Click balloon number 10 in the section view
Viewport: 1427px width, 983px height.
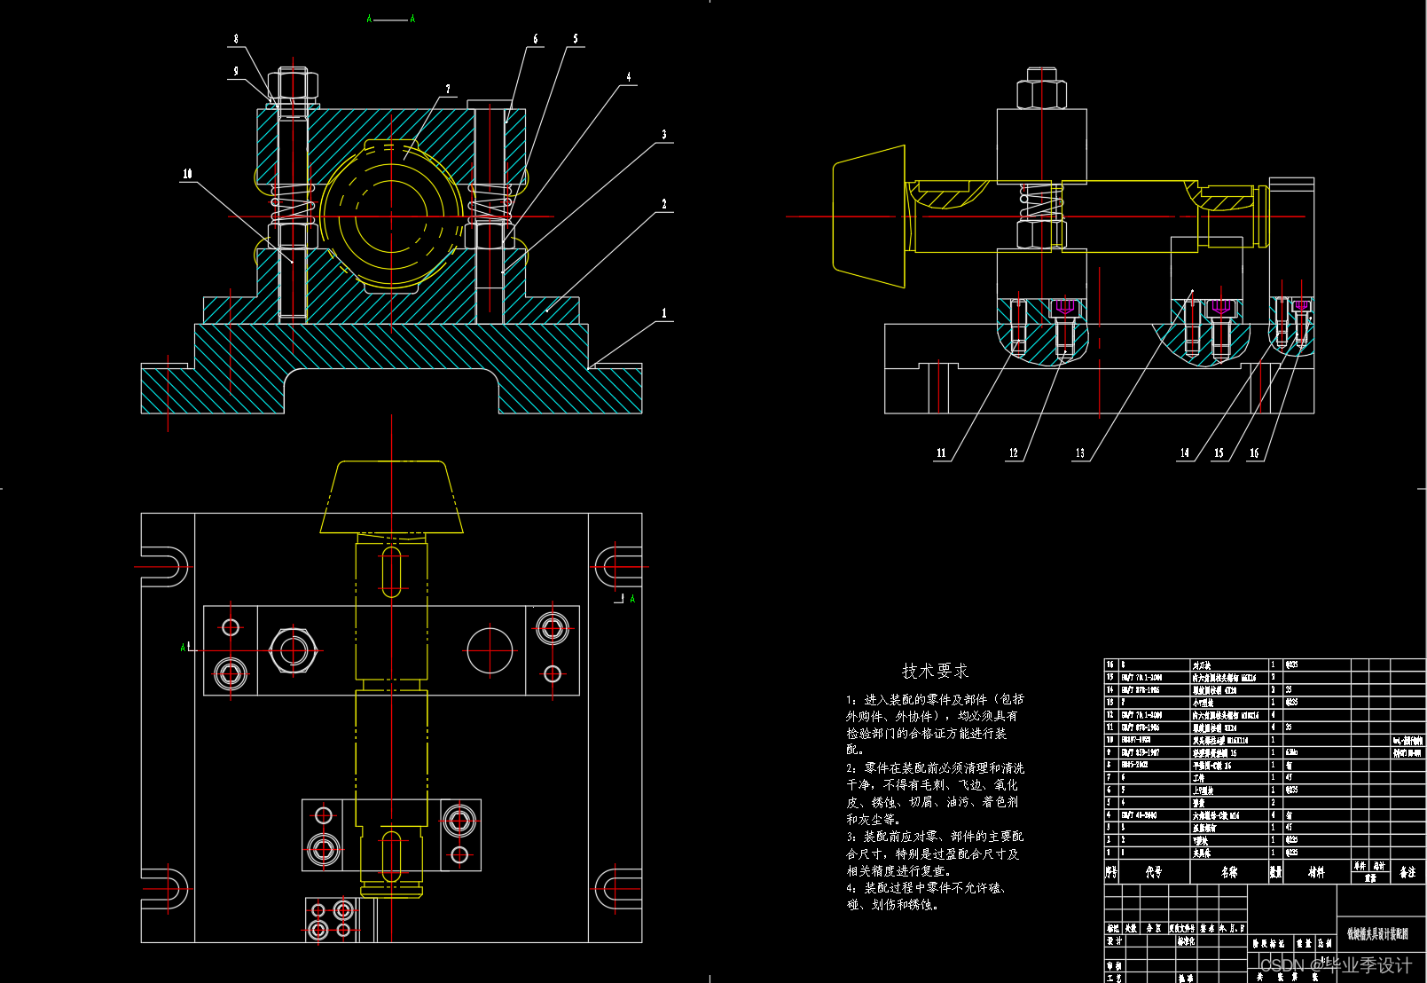pyautogui.click(x=187, y=174)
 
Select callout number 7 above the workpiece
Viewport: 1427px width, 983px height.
pyautogui.click(x=448, y=89)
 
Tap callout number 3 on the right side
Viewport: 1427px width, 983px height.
pyautogui.click(x=663, y=135)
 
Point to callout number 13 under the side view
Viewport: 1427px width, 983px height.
pyautogui.click(x=1079, y=453)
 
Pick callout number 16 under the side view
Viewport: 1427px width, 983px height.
pyautogui.click(x=1254, y=453)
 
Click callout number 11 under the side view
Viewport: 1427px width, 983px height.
pyautogui.click(x=941, y=453)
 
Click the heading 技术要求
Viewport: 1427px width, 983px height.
pyautogui.click(x=935, y=671)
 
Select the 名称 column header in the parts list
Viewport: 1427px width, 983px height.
pyautogui.click(x=1228, y=872)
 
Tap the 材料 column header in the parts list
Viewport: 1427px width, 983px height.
pyautogui.click(x=1316, y=872)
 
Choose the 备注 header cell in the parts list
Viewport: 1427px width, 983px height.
pyautogui.click(x=1407, y=872)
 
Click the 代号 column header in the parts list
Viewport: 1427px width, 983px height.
pyautogui.click(x=1153, y=872)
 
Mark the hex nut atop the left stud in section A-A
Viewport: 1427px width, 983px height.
pyautogui.click(x=293, y=83)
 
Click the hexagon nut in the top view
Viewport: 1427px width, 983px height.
pyautogui.click(x=293, y=650)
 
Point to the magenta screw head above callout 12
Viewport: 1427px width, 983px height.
pyautogui.click(x=1065, y=307)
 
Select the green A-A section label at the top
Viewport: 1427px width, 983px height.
pyautogui.click(x=390, y=19)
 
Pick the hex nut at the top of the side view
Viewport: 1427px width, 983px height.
pyautogui.click(x=1041, y=89)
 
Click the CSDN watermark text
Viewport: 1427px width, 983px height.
pyautogui.click(x=1335, y=964)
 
